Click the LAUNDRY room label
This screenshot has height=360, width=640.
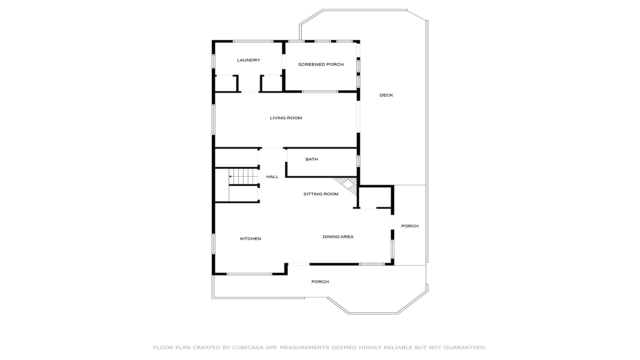[248, 60]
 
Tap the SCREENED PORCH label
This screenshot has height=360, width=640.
[321, 65]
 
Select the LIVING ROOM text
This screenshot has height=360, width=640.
[286, 118]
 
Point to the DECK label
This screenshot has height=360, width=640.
[386, 95]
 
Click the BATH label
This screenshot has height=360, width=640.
[312, 159]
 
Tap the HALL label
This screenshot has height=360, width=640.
[272, 177]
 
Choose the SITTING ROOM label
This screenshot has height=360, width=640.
[321, 194]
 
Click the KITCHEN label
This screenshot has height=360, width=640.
[251, 239]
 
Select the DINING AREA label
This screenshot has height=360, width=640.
[338, 237]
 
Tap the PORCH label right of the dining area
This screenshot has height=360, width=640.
[410, 226]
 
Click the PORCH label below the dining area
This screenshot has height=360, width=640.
[320, 282]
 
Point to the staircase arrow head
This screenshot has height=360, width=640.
[230, 176]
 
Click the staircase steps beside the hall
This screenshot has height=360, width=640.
[243, 176]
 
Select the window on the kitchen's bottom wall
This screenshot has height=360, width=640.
[249, 274]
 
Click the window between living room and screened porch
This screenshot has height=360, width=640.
[320, 91]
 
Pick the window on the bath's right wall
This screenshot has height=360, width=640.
[358, 161]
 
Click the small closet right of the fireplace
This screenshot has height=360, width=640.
[375, 197]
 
